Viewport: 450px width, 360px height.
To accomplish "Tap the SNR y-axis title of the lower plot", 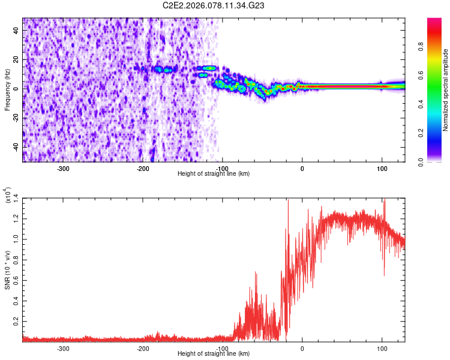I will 7,269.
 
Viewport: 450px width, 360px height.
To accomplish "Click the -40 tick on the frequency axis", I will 16,146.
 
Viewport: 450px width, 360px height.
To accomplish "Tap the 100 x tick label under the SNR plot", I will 382,348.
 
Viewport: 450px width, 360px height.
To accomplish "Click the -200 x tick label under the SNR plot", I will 143,348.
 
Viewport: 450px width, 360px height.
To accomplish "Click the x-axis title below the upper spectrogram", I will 214,174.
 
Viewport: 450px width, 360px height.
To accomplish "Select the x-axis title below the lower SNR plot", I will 214,355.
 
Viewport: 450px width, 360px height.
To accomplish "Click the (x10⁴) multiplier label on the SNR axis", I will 8,195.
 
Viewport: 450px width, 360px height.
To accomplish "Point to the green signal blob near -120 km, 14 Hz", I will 208,68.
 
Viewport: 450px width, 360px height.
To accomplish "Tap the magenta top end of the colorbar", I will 434,21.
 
